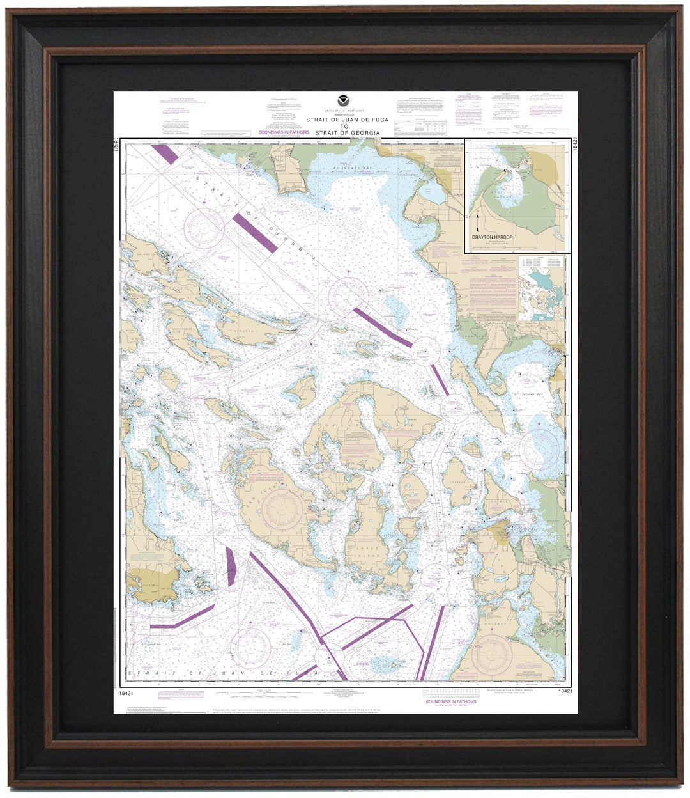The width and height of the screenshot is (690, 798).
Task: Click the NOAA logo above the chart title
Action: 344,101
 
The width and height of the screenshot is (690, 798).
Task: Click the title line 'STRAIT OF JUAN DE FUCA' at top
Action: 344,120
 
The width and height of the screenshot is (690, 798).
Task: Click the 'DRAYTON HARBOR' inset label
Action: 493,237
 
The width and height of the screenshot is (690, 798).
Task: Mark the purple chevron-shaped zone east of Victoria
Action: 231,567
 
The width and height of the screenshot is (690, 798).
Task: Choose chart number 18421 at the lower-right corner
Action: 564,691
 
